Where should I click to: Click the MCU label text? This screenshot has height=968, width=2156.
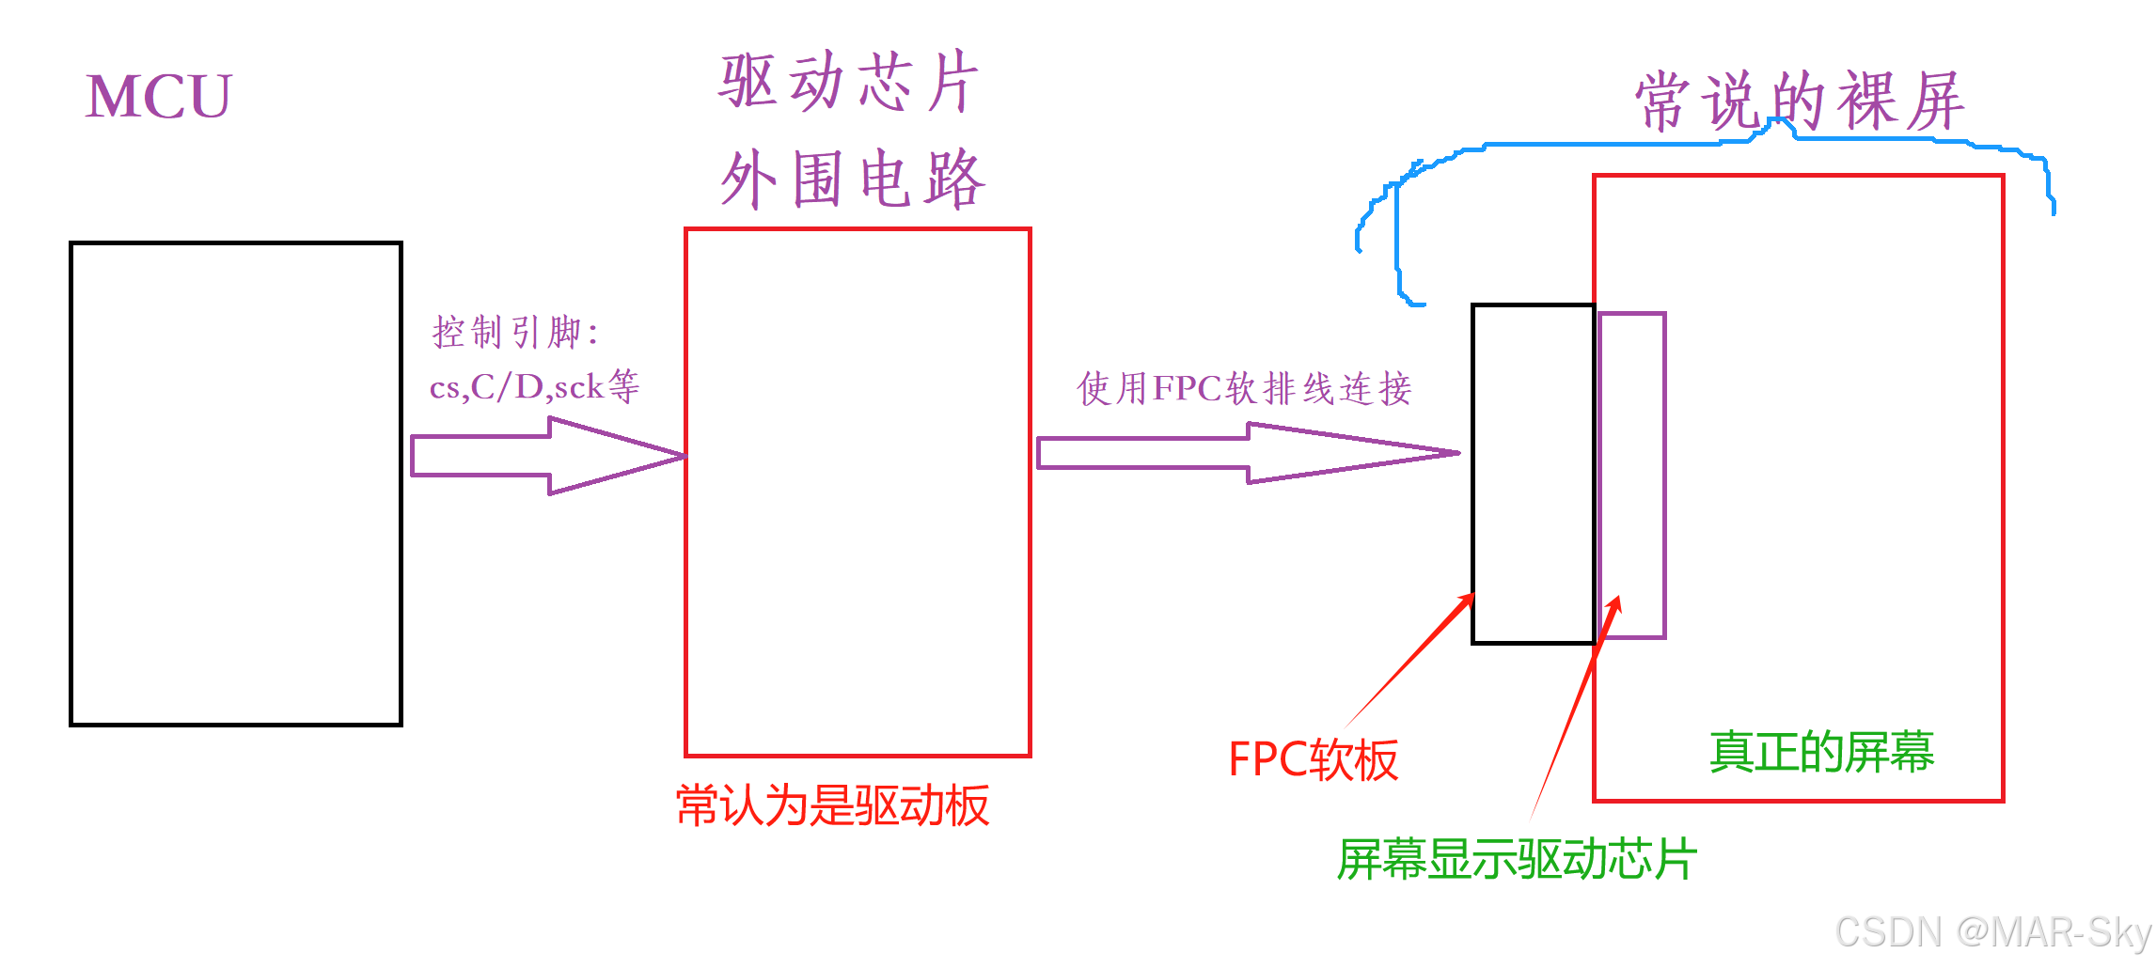pyautogui.click(x=158, y=96)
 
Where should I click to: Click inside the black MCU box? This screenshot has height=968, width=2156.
pyautogui.click(x=235, y=484)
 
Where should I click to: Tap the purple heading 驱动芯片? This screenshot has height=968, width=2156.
pyautogui.click(x=849, y=82)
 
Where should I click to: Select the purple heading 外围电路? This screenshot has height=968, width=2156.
pyautogui.click(x=853, y=179)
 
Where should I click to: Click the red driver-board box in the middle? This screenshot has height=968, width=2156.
pyautogui.click(x=858, y=492)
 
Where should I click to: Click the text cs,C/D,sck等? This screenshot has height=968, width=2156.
pyautogui.click(x=534, y=386)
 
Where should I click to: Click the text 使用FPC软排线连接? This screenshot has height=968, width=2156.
pyautogui.click(x=1244, y=388)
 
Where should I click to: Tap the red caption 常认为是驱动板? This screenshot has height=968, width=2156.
pyautogui.click(x=832, y=805)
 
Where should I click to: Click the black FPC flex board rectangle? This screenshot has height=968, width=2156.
pyautogui.click(x=1533, y=474)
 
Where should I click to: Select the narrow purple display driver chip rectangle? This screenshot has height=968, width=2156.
pyautogui.click(x=1633, y=476)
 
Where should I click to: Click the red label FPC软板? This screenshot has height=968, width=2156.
pyautogui.click(x=1313, y=759)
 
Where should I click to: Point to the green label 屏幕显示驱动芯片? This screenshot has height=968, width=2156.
pyautogui.click(x=1517, y=859)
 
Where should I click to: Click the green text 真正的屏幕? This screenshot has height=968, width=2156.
pyautogui.click(x=1821, y=752)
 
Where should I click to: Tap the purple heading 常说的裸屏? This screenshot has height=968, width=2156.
pyautogui.click(x=1800, y=101)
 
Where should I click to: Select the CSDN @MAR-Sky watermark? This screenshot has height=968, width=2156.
pyautogui.click(x=1992, y=932)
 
